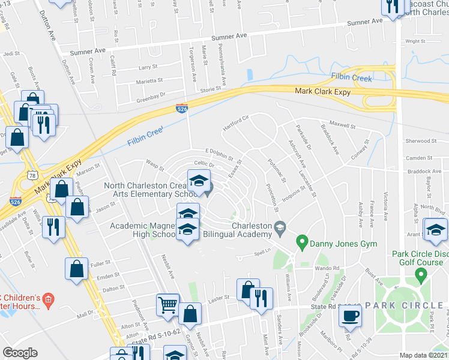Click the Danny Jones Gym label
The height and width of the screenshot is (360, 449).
pyautogui.click(x=340, y=244)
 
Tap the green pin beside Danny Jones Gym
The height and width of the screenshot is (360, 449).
pyautogui.click(x=302, y=244)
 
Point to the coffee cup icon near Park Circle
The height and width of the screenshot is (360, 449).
pyautogui.click(x=350, y=315)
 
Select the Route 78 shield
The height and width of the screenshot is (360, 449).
pyautogui.click(x=32, y=174)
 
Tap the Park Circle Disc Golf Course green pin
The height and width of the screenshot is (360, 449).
pyautogui.click(x=421, y=275)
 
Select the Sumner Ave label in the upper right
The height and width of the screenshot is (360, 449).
pyautogui.click(x=366, y=22)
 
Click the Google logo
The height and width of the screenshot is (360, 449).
pyautogui.click(x=20, y=353)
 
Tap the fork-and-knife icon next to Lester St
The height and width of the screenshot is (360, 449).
pyautogui.click(x=260, y=298)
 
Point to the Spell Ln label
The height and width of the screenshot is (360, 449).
pyautogui.click(x=259, y=253)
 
